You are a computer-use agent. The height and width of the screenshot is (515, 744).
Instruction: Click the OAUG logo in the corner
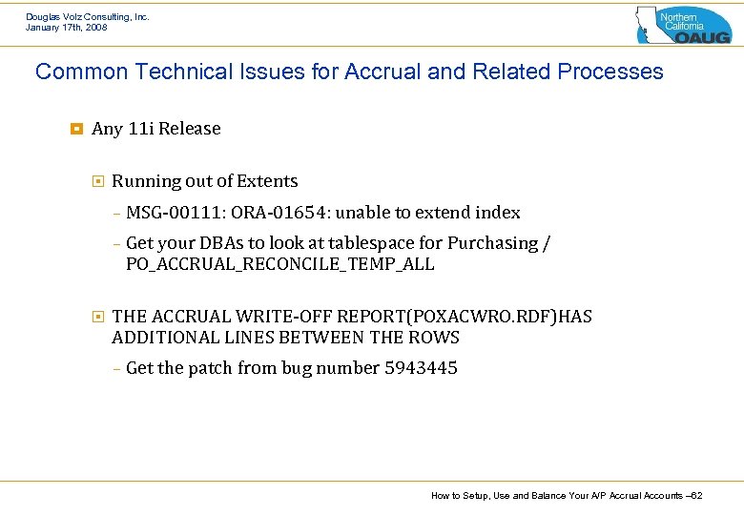(683, 25)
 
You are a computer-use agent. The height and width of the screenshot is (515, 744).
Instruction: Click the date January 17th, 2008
(67, 28)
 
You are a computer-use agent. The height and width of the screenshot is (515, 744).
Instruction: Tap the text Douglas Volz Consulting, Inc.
(88, 16)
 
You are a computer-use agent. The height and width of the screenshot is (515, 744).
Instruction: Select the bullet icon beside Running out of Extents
(98, 181)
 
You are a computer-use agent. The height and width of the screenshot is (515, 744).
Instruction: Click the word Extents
(266, 181)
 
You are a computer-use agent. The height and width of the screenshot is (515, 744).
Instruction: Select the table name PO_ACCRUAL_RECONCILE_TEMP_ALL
(280, 264)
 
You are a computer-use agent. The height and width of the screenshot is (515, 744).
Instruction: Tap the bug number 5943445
(421, 368)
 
